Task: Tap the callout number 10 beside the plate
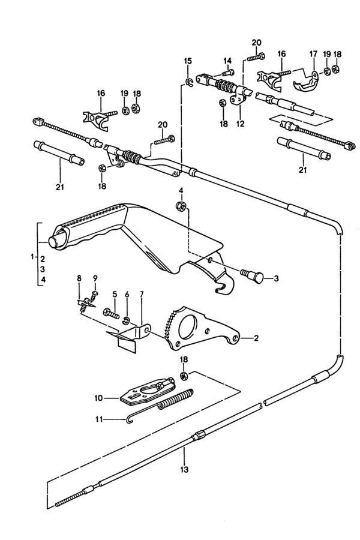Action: tap(98, 398)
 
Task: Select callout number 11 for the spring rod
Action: tap(98, 419)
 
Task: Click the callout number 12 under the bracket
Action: tap(241, 124)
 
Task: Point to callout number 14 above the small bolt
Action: tap(227, 61)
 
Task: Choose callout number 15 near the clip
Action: tap(188, 61)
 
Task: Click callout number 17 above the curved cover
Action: tap(313, 54)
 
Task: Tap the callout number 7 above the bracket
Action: tap(142, 294)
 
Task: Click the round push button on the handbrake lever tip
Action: tap(53, 242)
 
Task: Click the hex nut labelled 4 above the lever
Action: tap(179, 206)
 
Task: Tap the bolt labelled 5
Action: tap(110, 313)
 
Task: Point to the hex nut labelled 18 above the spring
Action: tap(184, 376)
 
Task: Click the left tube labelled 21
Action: tap(59, 152)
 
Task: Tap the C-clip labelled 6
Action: tap(127, 321)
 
